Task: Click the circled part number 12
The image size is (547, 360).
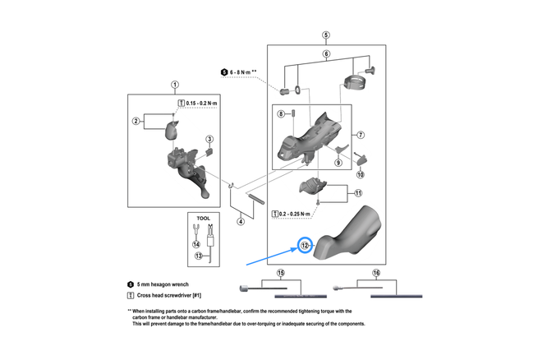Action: coord(305,245)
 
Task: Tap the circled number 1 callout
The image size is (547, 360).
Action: coord(175,85)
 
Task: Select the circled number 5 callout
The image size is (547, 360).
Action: coord(326,35)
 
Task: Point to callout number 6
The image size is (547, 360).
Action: coord(326,54)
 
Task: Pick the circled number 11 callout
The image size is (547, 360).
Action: coord(358,193)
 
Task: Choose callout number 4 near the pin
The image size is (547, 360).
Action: coord(241,221)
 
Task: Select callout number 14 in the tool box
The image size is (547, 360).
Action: coord(196,244)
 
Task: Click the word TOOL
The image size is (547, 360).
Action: coord(203,219)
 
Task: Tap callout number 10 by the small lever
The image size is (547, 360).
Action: coord(361,174)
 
